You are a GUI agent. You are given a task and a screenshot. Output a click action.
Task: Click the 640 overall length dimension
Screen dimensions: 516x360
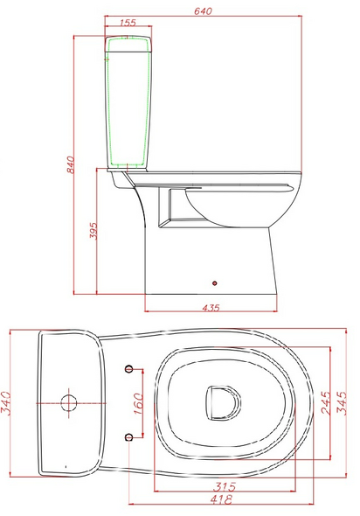tap(205, 11)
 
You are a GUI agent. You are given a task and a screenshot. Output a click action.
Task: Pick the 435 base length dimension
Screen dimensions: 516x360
tap(211, 307)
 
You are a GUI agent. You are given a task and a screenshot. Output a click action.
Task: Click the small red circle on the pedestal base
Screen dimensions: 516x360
tap(215, 282)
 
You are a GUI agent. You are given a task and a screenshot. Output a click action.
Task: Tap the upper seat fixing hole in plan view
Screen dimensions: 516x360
tap(129, 368)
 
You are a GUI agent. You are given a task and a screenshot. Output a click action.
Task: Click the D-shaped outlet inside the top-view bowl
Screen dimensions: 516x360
tap(222, 401)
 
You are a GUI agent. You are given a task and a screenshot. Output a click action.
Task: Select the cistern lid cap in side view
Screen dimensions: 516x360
tap(125, 38)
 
